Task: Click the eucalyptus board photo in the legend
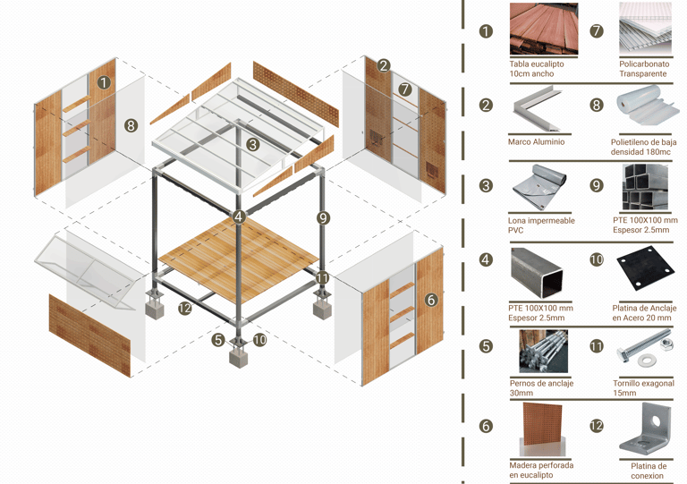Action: point(543,29)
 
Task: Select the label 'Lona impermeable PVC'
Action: point(541,225)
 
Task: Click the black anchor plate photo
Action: point(644,268)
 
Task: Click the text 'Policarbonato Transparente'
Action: point(644,69)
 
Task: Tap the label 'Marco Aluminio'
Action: point(537,141)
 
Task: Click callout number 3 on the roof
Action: point(253,145)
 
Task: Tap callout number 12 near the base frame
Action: point(185,308)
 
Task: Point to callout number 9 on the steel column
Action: point(323,217)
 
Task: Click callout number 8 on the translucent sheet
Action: point(131,126)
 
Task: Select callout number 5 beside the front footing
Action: point(218,339)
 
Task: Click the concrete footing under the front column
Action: point(238,358)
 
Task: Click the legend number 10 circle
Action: point(597,259)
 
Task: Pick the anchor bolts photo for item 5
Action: point(543,352)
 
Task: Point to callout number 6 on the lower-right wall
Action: point(431,300)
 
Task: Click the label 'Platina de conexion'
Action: point(648,471)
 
